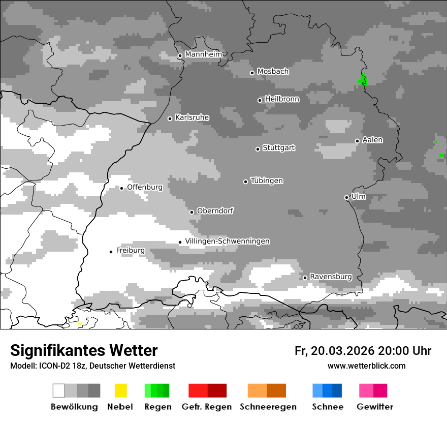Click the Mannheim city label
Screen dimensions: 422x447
(203, 54)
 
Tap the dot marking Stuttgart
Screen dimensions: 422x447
(258, 149)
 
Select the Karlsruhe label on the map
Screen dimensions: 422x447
(192, 117)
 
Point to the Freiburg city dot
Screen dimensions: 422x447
(111, 252)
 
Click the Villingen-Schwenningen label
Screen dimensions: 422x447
(227, 241)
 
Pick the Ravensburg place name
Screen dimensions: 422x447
(331, 277)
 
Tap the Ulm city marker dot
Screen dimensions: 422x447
(346, 197)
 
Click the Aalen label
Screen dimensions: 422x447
(372, 140)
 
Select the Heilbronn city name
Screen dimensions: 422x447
(282, 99)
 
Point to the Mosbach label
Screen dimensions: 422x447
(273, 72)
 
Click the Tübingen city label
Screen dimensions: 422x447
(267, 180)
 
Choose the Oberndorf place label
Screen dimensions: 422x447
(215, 210)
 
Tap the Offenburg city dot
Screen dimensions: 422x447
(121, 188)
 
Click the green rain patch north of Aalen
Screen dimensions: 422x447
(363, 80)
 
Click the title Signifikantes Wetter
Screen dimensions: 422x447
(84, 351)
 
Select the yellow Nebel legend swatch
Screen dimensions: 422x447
(120, 390)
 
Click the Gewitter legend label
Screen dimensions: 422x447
(374, 407)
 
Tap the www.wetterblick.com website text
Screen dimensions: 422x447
(366, 366)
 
